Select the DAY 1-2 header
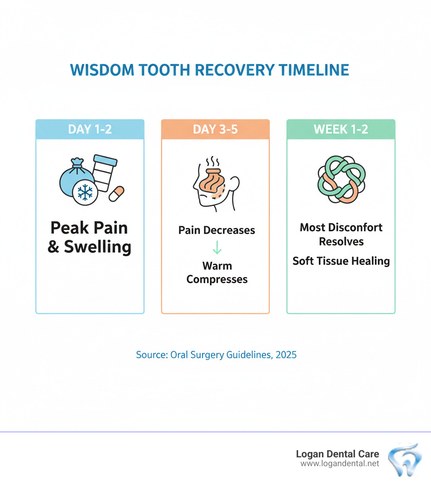pyautogui.click(x=90, y=129)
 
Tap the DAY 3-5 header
pyautogui.click(x=215, y=129)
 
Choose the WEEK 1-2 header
pyautogui.click(x=341, y=129)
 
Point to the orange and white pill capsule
pyautogui.click(x=117, y=193)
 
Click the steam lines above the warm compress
pyautogui.click(x=211, y=162)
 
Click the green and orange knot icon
pyautogui.click(x=341, y=180)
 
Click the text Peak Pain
pyautogui.click(x=89, y=228)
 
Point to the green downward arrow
pyautogui.click(x=216, y=248)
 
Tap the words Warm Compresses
pyautogui.click(x=217, y=272)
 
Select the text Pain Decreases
pyautogui.click(x=217, y=230)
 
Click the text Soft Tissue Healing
pyautogui.click(x=341, y=261)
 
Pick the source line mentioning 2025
pyautogui.click(x=216, y=355)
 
